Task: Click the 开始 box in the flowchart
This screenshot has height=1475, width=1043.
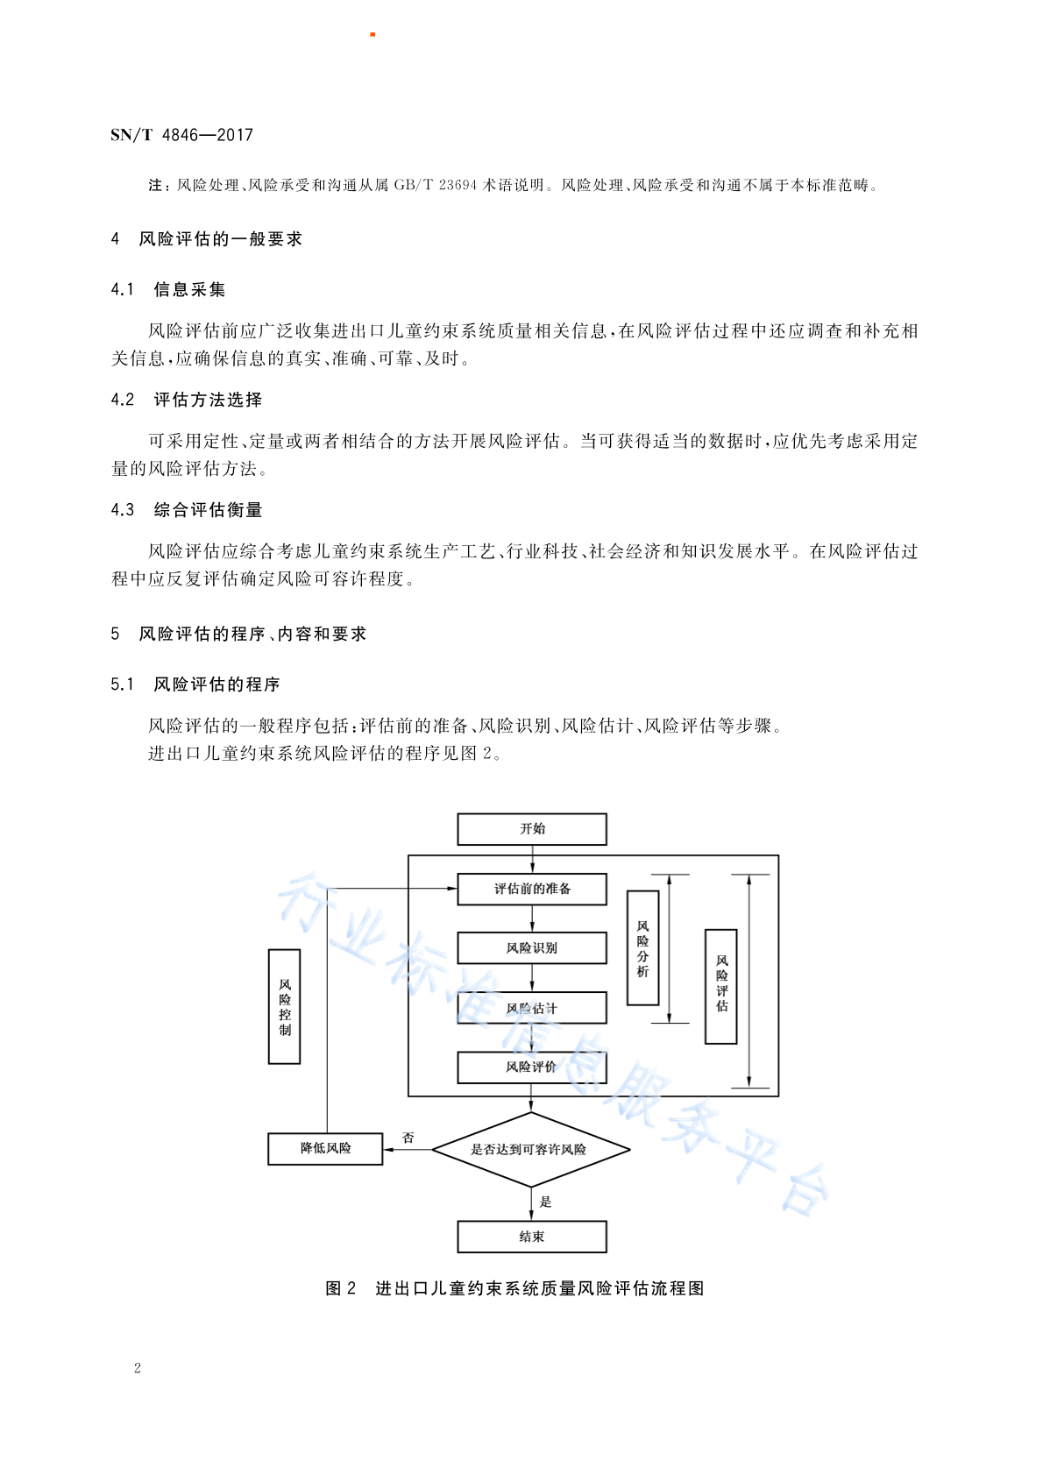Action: tap(532, 829)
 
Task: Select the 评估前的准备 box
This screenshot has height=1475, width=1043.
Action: tap(532, 889)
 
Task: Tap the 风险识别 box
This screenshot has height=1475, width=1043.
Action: tap(532, 948)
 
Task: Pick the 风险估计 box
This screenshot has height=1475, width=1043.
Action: tap(532, 1008)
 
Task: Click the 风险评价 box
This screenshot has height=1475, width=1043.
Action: tap(532, 1067)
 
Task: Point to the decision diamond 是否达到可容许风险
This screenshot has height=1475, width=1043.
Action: tap(531, 1150)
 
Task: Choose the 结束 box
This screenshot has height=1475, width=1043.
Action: tap(532, 1237)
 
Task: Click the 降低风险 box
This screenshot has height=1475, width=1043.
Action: tap(325, 1149)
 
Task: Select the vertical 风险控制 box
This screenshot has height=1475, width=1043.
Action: tap(285, 1007)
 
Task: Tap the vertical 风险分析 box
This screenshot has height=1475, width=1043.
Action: tap(642, 948)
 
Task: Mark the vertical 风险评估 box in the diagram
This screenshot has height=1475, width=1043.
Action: tap(721, 987)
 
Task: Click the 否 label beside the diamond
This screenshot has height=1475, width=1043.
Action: tap(408, 1138)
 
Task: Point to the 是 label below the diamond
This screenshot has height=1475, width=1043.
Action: tap(545, 1202)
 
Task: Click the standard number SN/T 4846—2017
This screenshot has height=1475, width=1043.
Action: tap(181, 135)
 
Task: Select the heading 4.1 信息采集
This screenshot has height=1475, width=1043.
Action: tap(168, 290)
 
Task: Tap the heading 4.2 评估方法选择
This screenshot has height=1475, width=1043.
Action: tap(187, 400)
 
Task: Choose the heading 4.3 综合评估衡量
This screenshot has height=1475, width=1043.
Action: tap(187, 510)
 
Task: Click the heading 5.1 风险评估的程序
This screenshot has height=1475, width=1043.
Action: tap(195, 684)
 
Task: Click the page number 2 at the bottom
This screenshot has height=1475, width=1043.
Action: tap(138, 1368)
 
